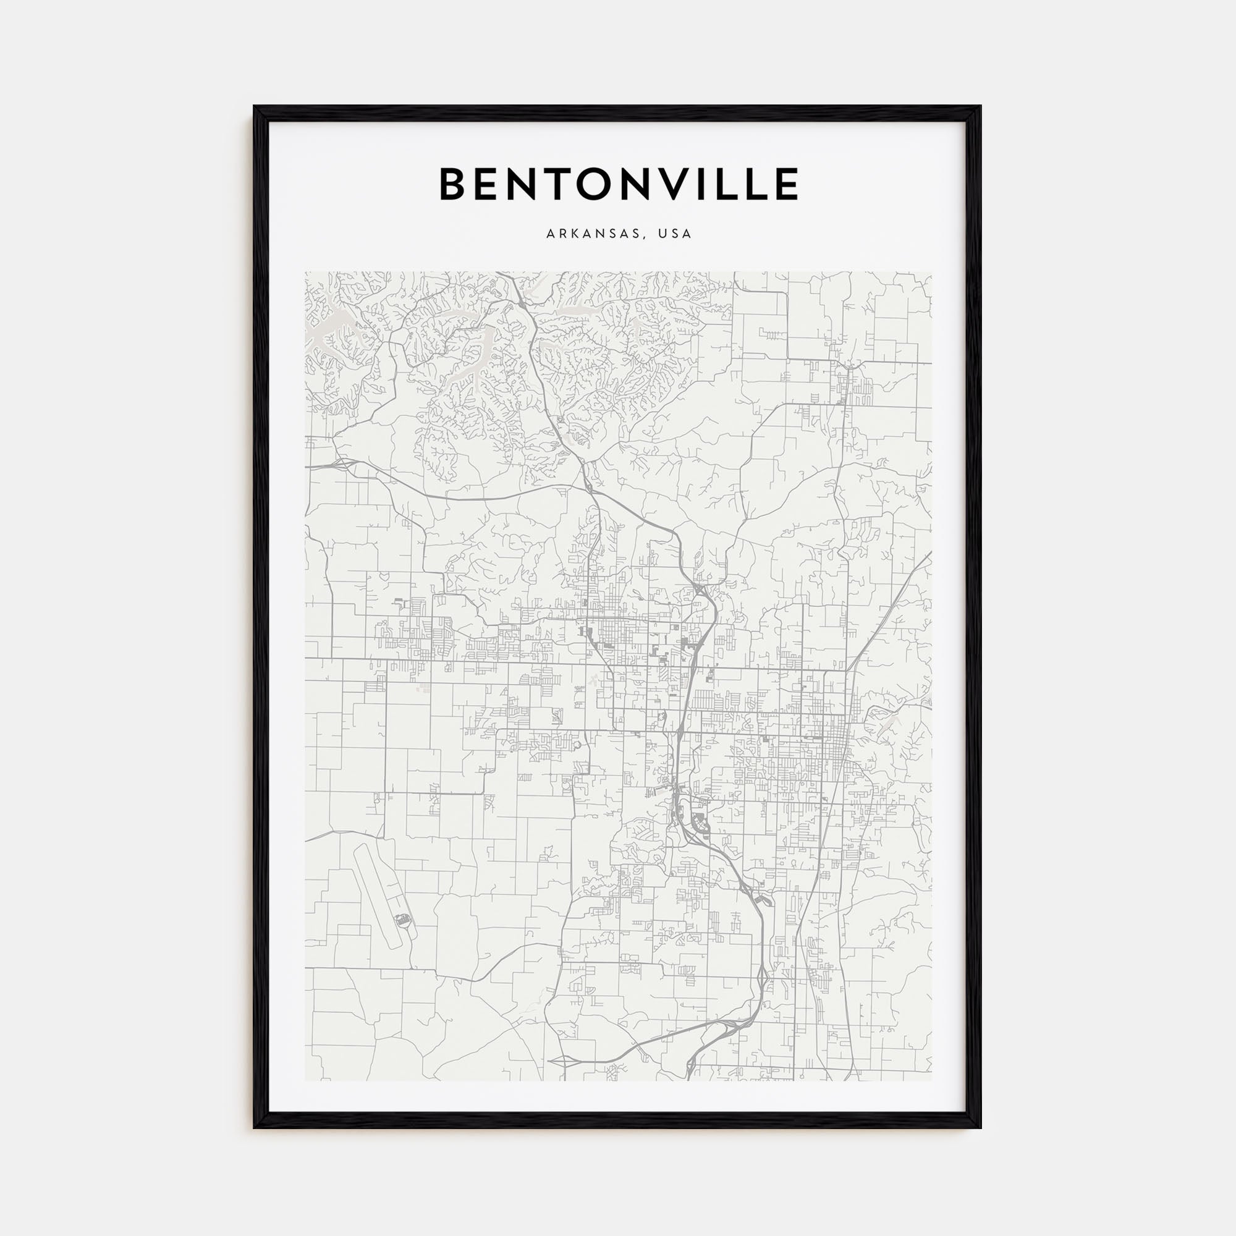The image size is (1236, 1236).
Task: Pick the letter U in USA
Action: [667, 234]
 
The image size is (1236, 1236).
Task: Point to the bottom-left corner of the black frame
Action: [255, 1127]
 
